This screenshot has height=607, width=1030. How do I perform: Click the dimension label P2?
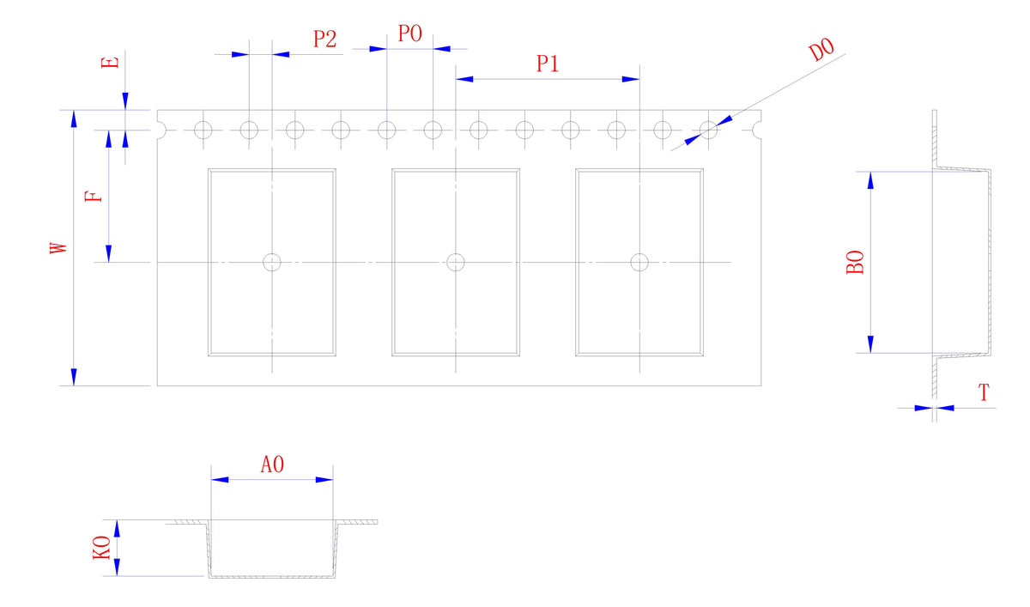(324, 39)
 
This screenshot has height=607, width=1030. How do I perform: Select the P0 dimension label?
(410, 34)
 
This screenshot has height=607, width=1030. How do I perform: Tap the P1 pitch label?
(548, 64)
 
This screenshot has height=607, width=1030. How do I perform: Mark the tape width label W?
(58, 248)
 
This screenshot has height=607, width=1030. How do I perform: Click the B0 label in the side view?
(856, 262)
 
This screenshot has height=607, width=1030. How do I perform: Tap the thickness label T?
(984, 394)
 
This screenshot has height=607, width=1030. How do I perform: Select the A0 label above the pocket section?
(272, 465)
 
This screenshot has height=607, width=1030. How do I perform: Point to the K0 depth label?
(101, 547)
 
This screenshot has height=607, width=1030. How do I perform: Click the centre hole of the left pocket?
(272, 262)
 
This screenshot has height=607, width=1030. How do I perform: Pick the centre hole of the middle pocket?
(456, 262)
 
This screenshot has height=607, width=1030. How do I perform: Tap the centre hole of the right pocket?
(639, 262)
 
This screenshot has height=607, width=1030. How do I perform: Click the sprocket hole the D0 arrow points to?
(708, 131)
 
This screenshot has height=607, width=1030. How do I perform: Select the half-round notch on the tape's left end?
(161, 131)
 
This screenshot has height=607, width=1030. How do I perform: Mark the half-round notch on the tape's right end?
(757, 131)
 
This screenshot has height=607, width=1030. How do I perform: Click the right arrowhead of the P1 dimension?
(632, 79)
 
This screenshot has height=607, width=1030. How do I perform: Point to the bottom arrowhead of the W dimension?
(74, 377)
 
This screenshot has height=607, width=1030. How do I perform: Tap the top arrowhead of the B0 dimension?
(870, 179)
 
